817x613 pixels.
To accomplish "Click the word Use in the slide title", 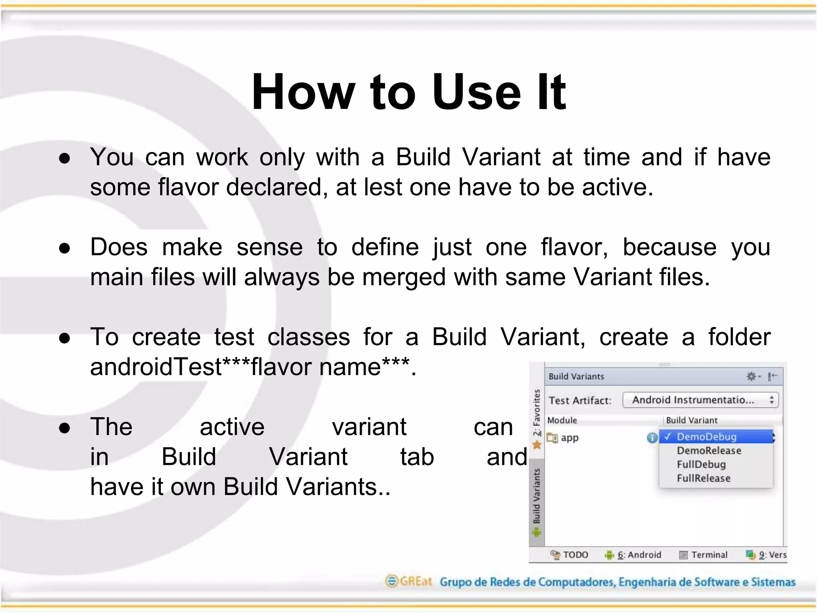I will point(476,92).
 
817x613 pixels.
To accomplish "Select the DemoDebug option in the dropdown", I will point(706,437).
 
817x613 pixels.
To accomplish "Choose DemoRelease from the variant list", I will point(709,451).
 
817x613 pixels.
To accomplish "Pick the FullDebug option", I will point(701,465).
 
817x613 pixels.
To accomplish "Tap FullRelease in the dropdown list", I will point(703,479).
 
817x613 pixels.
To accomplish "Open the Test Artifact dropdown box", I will point(700,400).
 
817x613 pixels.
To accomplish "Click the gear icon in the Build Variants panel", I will point(751,376).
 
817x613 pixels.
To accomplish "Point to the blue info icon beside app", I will point(652,438).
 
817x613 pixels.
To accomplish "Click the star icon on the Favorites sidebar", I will point(537,445).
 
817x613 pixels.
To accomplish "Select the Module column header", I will point(562,420).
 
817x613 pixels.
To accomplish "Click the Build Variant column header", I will point(691,420).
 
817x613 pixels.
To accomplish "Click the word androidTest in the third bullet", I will point(156,367).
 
